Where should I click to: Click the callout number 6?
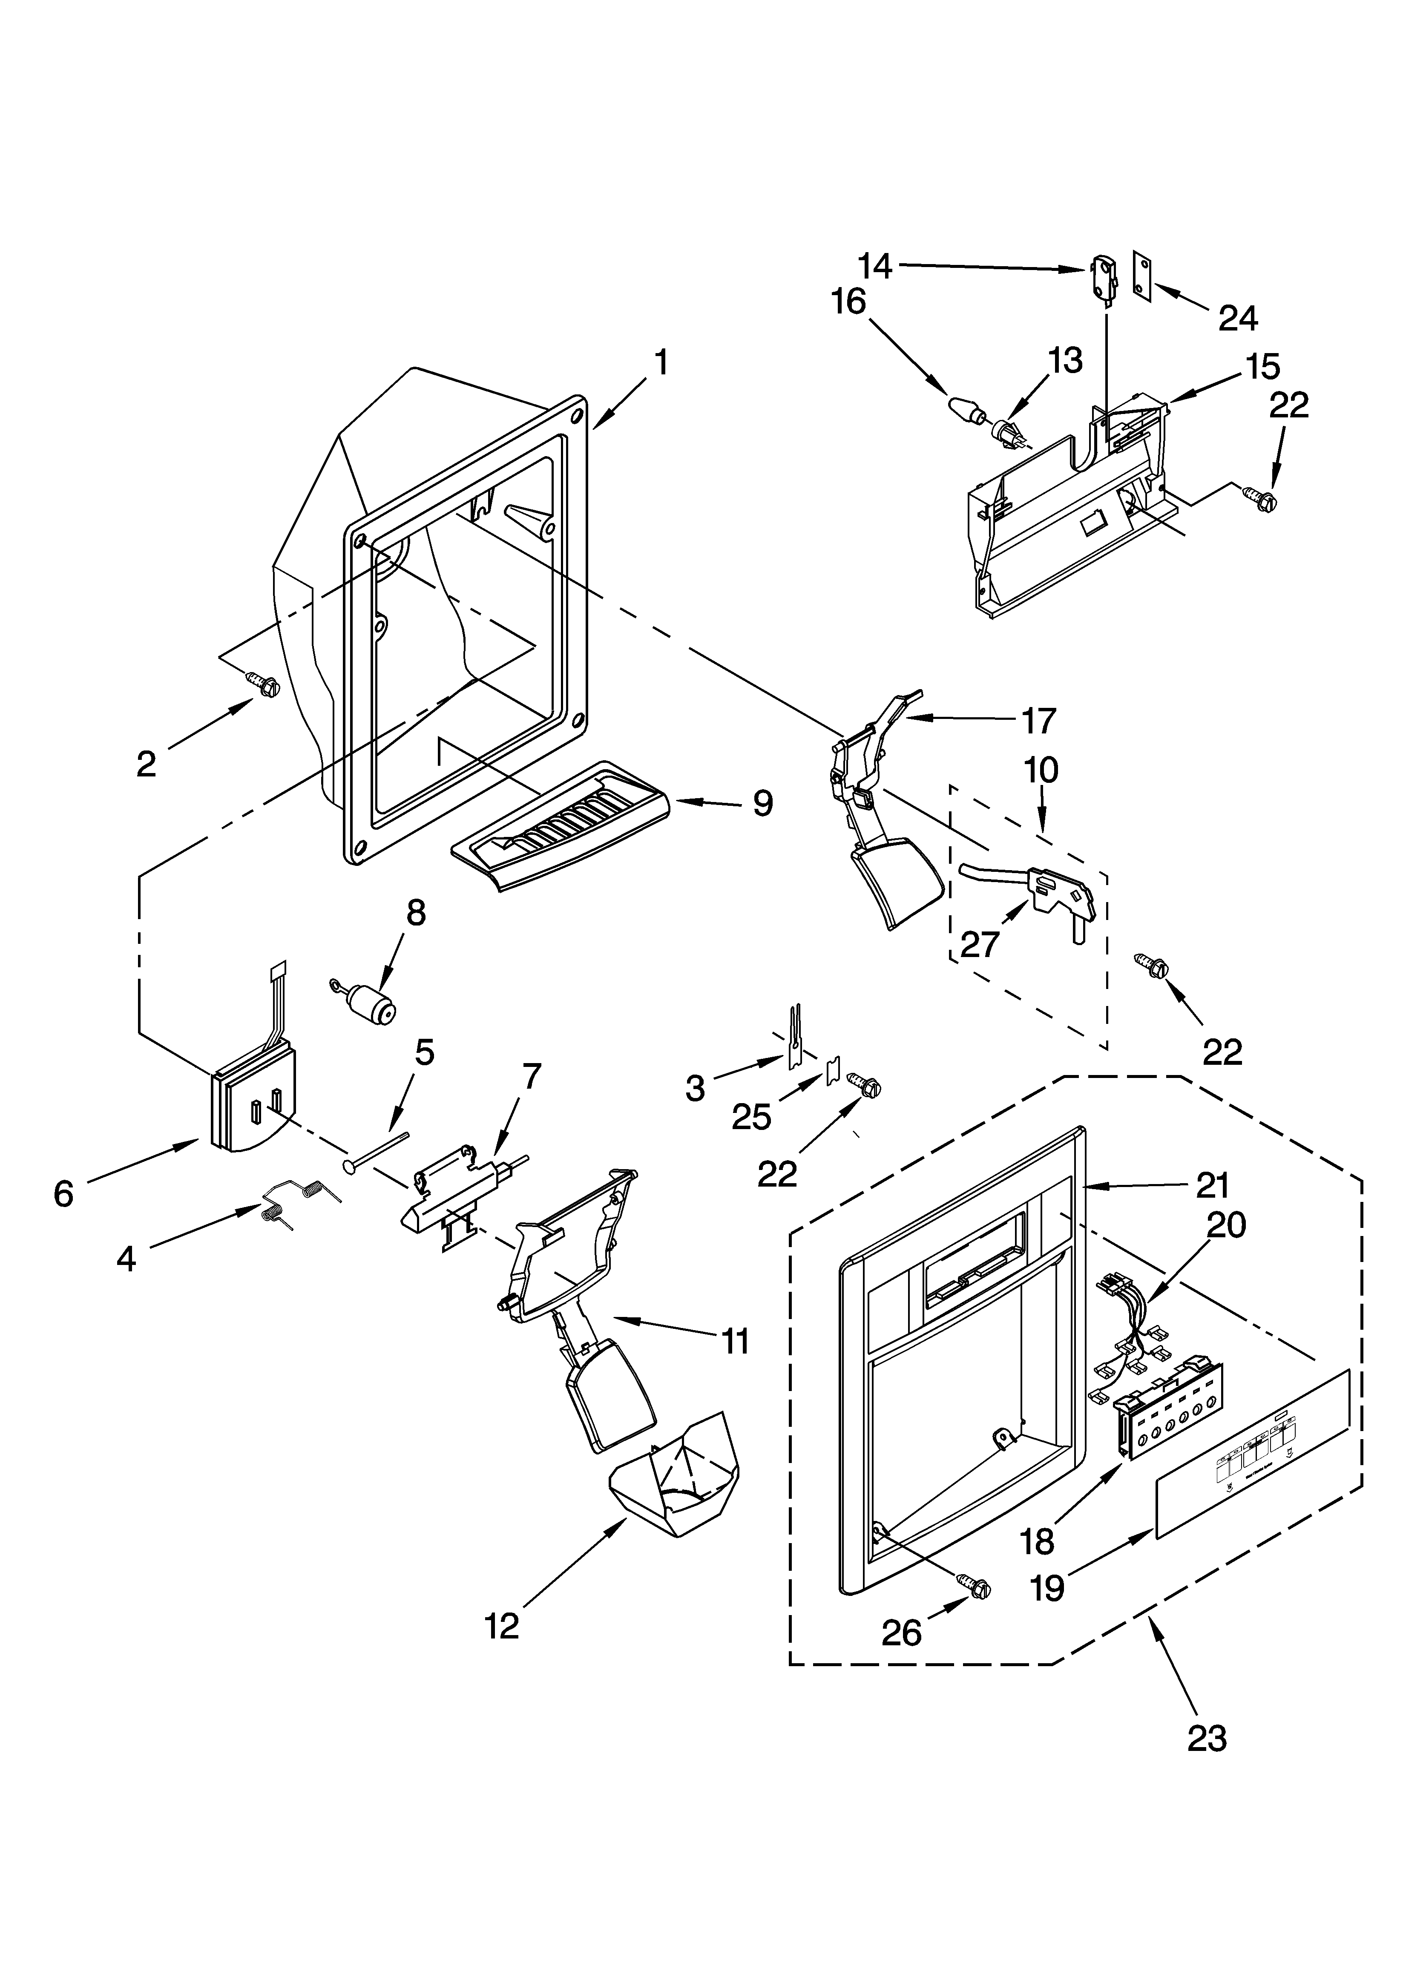coord(63,1194)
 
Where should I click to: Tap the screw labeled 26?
coord(975,1585)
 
